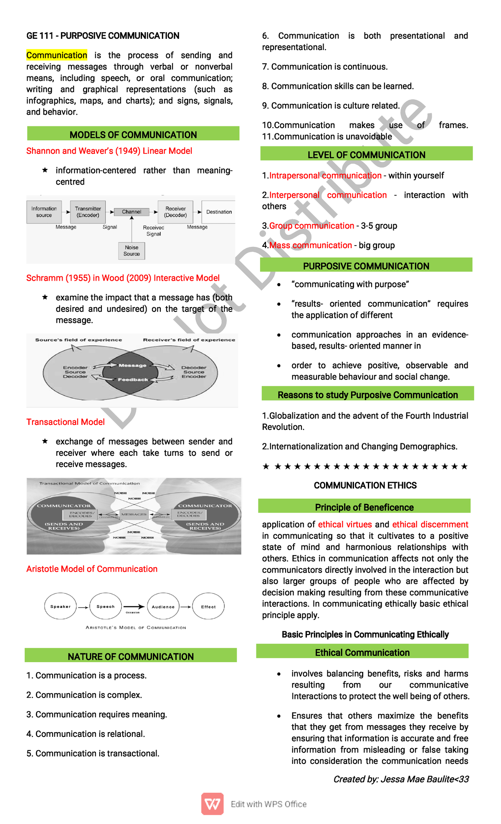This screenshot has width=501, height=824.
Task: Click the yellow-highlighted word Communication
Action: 57,55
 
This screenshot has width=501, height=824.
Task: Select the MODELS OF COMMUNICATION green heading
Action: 133,135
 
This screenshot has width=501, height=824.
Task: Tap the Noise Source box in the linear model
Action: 132,251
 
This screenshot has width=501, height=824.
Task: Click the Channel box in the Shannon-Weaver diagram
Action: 132,212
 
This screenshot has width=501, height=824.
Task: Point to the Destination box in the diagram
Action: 219,212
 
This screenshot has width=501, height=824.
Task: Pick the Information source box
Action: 44,212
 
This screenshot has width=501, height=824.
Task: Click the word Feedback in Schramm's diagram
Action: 133,380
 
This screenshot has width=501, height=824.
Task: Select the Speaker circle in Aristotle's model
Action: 61,607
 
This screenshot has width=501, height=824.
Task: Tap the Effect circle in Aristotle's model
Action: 208,607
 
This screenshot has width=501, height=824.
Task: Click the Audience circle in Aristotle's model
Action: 163,607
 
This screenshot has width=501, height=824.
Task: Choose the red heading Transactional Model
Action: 66,422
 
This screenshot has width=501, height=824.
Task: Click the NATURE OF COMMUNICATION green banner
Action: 131,656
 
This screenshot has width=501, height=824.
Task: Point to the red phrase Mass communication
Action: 311,245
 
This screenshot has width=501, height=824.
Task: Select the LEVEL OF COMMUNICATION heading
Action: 366,155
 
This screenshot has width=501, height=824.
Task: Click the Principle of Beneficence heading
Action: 364,507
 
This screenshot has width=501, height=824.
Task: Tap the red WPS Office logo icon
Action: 213,804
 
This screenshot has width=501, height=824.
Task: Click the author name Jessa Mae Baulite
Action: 417,779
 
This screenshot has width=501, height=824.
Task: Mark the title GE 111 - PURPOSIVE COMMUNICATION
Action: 103,36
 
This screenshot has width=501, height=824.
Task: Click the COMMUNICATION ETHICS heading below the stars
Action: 365,485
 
